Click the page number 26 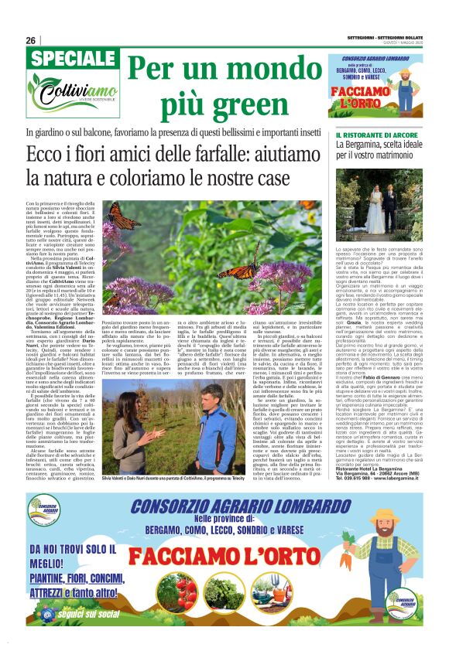[x=30, y=40]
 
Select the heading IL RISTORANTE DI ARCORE [x=370, y=136]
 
